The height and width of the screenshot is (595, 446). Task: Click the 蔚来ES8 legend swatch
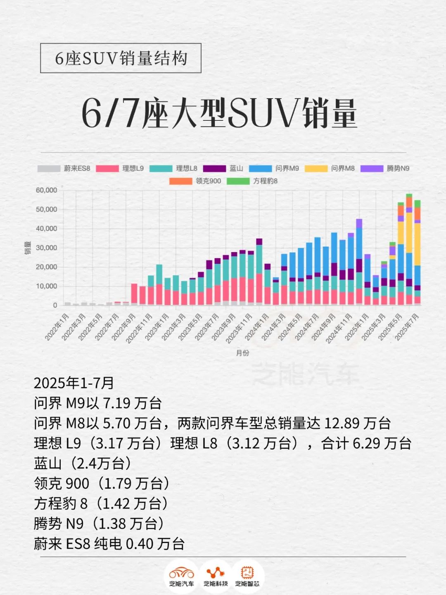click(x=49, y=169)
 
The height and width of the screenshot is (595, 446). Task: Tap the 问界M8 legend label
click(x=343, y=169)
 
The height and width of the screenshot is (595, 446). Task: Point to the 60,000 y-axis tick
click(x=46, y=190)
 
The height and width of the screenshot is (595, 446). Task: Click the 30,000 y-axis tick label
click(x=46, y=248)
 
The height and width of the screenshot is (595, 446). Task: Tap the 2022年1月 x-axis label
click(x=57, y=327)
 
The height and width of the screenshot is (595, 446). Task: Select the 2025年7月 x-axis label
click(x=407, y=327)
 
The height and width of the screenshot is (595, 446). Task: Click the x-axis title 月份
click(x=243, y=353)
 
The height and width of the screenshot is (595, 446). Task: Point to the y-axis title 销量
click(x=28, y=247)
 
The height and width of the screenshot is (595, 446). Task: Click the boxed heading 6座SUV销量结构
click(x=121, y=58)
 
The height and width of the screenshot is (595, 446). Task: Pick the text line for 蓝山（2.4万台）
click(x=83, y=463)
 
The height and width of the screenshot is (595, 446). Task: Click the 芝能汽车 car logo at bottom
click(x=181, y=576)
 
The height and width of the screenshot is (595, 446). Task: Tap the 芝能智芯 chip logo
click(x=247, y=576)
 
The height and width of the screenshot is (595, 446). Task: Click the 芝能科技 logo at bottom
click(x=215, y=576)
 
